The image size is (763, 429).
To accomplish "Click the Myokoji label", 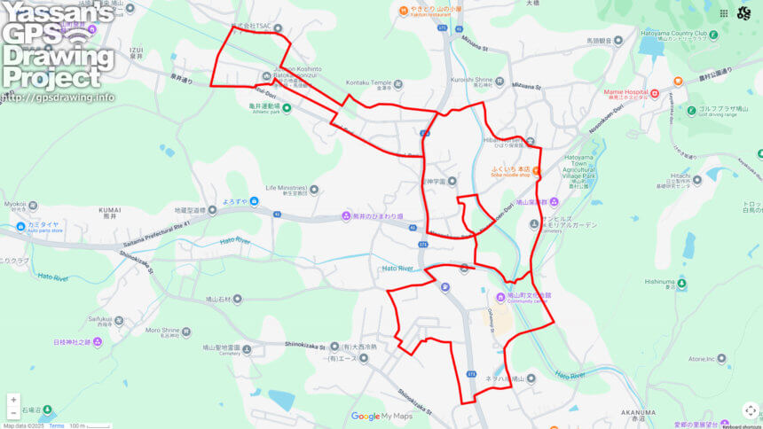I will coord(14,204).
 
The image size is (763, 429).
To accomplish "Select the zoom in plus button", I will coord(12,400).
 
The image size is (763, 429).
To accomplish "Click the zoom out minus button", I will coord(12,413).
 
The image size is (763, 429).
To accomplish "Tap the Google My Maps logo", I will coord(381,416).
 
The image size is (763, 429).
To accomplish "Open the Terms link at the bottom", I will coord(56,425).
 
